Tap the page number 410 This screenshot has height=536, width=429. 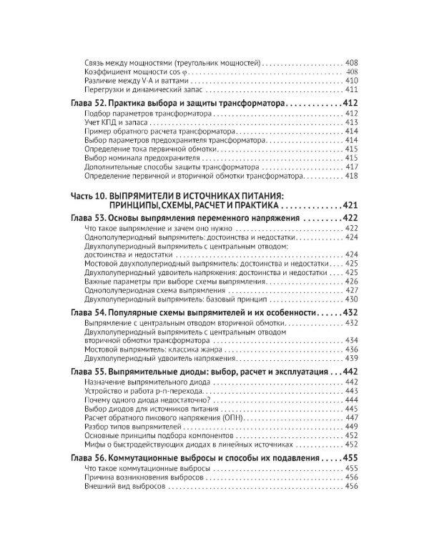(x=351, y=80)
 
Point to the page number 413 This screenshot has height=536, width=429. (x=351, y=123)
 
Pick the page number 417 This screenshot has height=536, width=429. (x=351, y=166)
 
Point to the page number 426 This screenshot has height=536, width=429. (x=351, y=282)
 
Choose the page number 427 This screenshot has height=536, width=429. (x=351, y=290)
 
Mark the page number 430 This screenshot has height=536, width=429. (x=351, y=299)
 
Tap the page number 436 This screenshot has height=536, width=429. (x=351, y=349)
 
